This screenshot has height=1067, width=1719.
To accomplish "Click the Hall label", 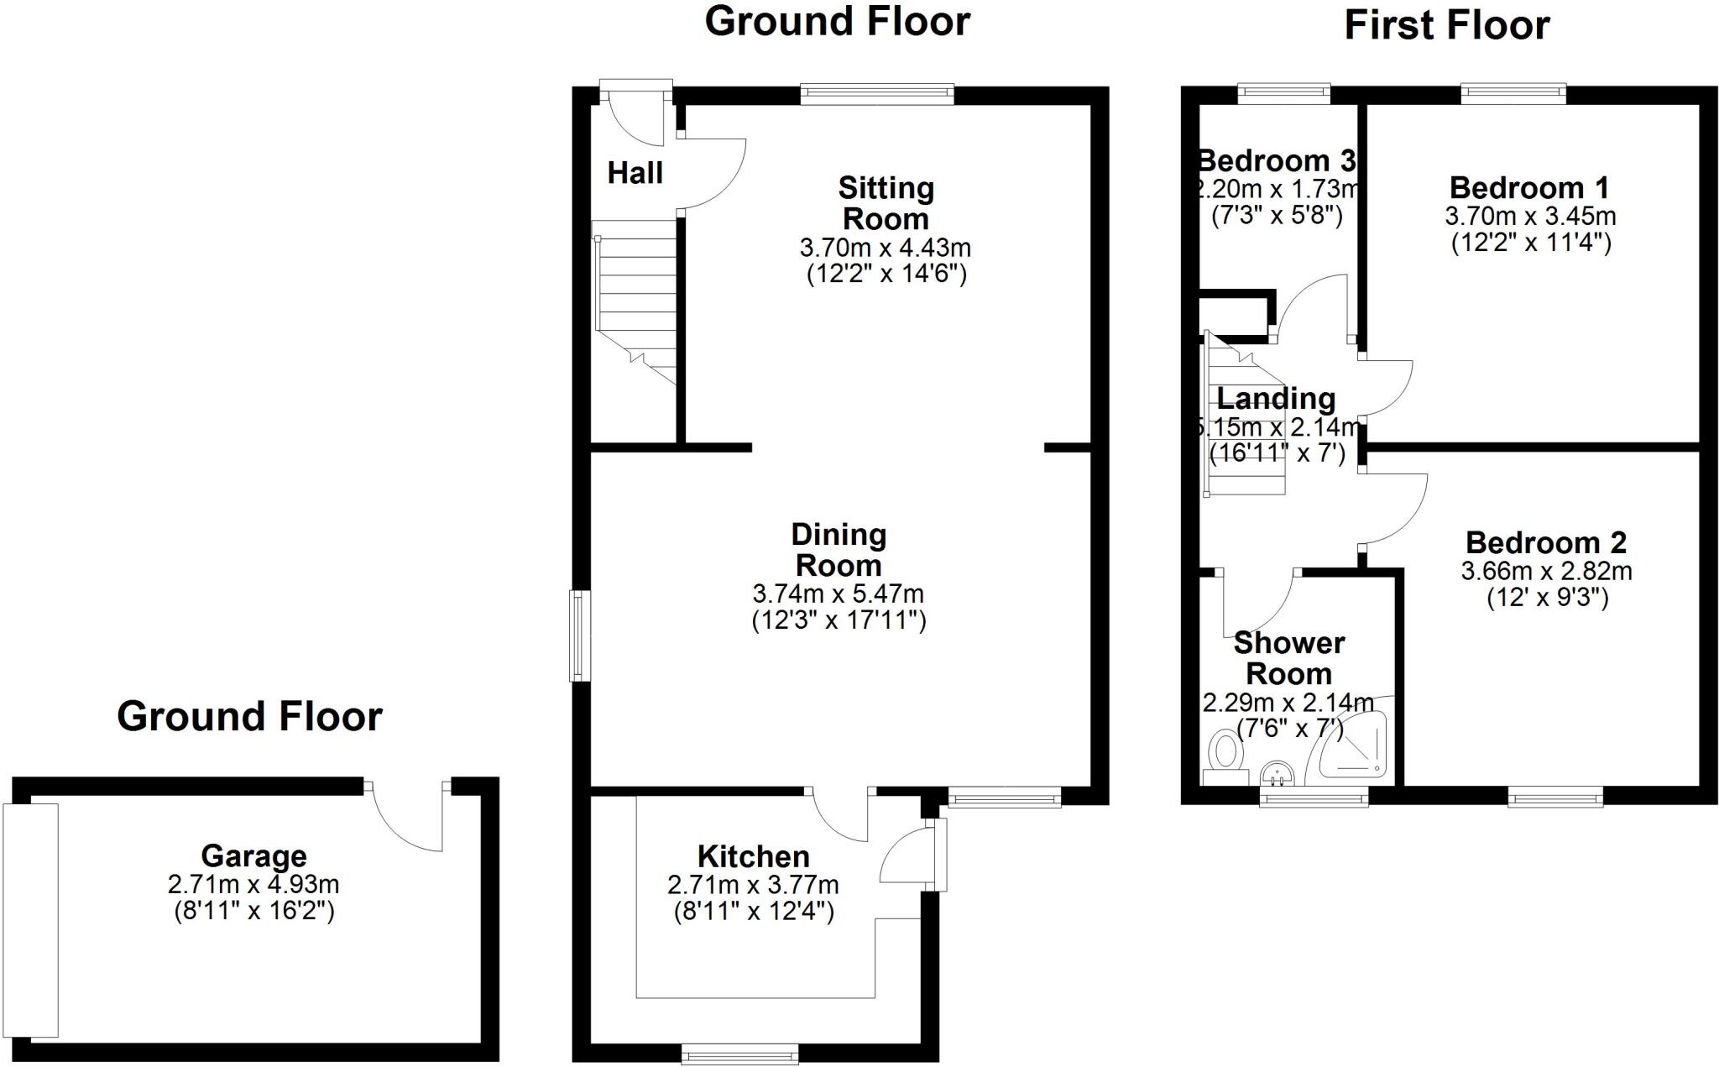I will pyautogui.click(x=635, y=173).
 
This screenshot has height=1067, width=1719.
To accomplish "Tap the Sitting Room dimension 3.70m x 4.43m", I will pyautogui.click(x=885, y=248).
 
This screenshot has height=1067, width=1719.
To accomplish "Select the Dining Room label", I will pyautogui.click(x=838, y=550).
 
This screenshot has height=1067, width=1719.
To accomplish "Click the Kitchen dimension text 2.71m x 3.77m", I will pyautogui.click(x=753, y=885).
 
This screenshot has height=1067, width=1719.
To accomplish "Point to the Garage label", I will pyautogui.click(x=253, y=856).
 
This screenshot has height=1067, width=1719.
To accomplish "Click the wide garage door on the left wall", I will pyautogui.click(x=31, y=920).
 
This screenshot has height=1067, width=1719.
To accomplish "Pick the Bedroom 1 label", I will pyautogui.click(x=1529, y=187).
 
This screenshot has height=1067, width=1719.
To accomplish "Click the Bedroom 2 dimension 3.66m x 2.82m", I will pyautogui.click(x=1546, y=571).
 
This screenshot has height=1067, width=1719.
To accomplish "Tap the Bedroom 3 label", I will pyautogui.click(x=1276, y=160).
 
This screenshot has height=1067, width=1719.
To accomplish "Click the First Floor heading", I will pyautogui.click(x=1446, y=25).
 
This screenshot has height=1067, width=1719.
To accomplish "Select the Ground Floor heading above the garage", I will pyautogui.click(x=249, y=716).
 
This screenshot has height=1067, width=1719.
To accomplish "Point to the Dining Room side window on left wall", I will pyautogui.click(x=578, y=635).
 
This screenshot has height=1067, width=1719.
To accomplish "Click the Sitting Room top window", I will pyautogui.click(x=877, y=94).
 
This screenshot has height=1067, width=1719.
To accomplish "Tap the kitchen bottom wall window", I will pyautogui.click(x=739, y=1054).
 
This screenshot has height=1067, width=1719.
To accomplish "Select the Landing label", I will pyautogui.click(x=1276, y=398).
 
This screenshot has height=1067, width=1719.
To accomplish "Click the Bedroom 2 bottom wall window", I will pyautogui.click(x=1555, y=797).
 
